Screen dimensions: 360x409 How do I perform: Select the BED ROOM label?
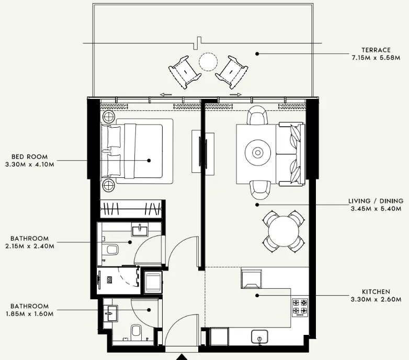tap(30, 156)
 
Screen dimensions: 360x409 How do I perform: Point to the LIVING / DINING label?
tap(376, 201)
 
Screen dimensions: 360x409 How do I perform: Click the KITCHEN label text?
tap(376, 291)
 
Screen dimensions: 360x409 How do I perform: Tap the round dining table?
tap(282, 230)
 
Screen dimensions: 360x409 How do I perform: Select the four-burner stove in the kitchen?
tap(300, 307)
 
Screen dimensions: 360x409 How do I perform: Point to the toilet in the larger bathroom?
tap(110, 250)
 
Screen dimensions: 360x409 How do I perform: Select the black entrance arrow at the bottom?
tap(181, 357)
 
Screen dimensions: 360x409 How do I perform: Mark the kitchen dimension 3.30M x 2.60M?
tap(376, 299)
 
